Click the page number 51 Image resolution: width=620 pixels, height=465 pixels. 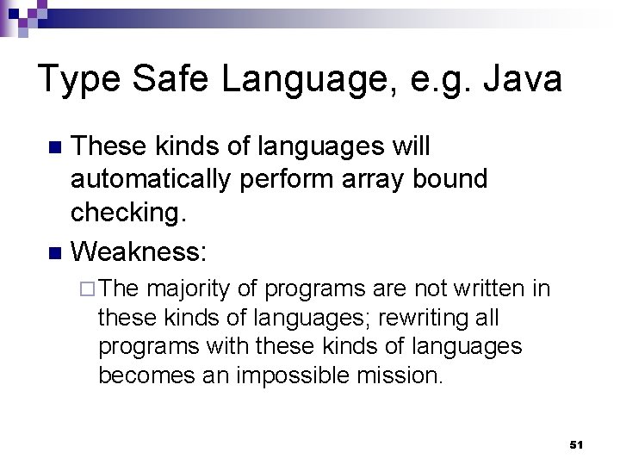point(577,444)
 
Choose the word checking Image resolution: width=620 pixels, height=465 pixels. point(127,213)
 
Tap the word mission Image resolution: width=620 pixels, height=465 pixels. point(406,376)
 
